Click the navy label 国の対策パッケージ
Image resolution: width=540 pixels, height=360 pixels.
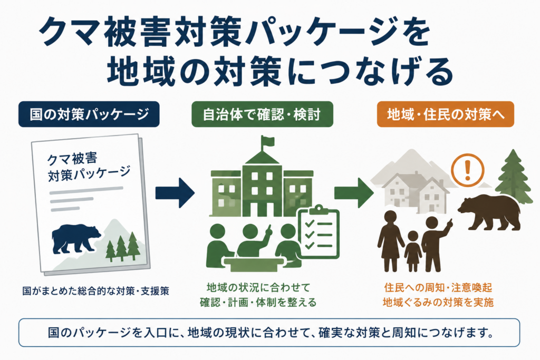coord(89,114)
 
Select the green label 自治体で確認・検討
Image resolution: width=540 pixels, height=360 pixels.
coord(262,114)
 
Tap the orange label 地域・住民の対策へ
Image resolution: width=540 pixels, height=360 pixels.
coord(445,114)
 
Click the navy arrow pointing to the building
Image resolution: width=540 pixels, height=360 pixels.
coord(175,192)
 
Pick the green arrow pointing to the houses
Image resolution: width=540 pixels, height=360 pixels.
coord(354,192)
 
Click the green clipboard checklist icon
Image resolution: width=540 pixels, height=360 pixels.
coord(318,232)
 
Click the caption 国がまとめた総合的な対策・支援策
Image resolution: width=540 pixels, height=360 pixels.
coord(96,291)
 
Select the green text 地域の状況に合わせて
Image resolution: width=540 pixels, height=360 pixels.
coord(258,287)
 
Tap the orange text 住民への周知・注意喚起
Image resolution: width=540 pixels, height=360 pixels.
coord(438,287)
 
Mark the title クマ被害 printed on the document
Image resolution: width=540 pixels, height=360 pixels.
coord(72,159)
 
